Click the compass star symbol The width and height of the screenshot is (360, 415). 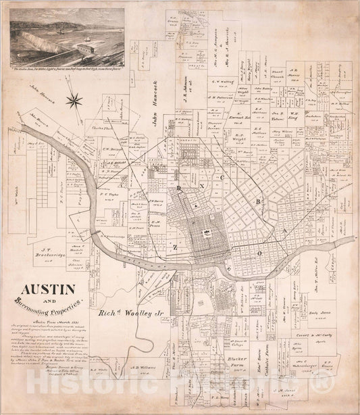[x=75, y=101]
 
